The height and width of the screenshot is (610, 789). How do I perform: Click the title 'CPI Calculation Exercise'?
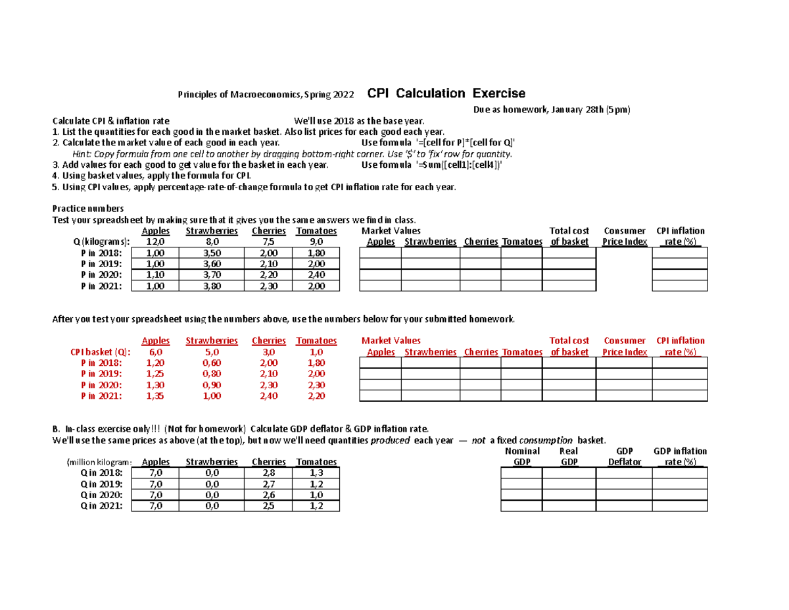(x=446, y=93)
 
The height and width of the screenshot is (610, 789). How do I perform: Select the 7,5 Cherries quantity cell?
(x=268, y=242)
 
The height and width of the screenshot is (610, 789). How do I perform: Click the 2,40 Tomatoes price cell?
(x=316, y=274)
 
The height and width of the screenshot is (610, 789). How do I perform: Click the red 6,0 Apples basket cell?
(x=156, y=352)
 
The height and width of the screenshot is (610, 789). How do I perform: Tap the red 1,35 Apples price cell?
(x=156, y=396)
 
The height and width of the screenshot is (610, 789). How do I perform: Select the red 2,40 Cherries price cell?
(x=268, y=396)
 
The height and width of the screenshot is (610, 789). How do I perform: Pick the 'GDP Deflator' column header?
(x=624, y=457)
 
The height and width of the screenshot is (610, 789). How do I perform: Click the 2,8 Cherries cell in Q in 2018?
(x=268, y=473)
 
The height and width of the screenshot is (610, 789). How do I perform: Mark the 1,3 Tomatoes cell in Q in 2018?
(x=316, y=473)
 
